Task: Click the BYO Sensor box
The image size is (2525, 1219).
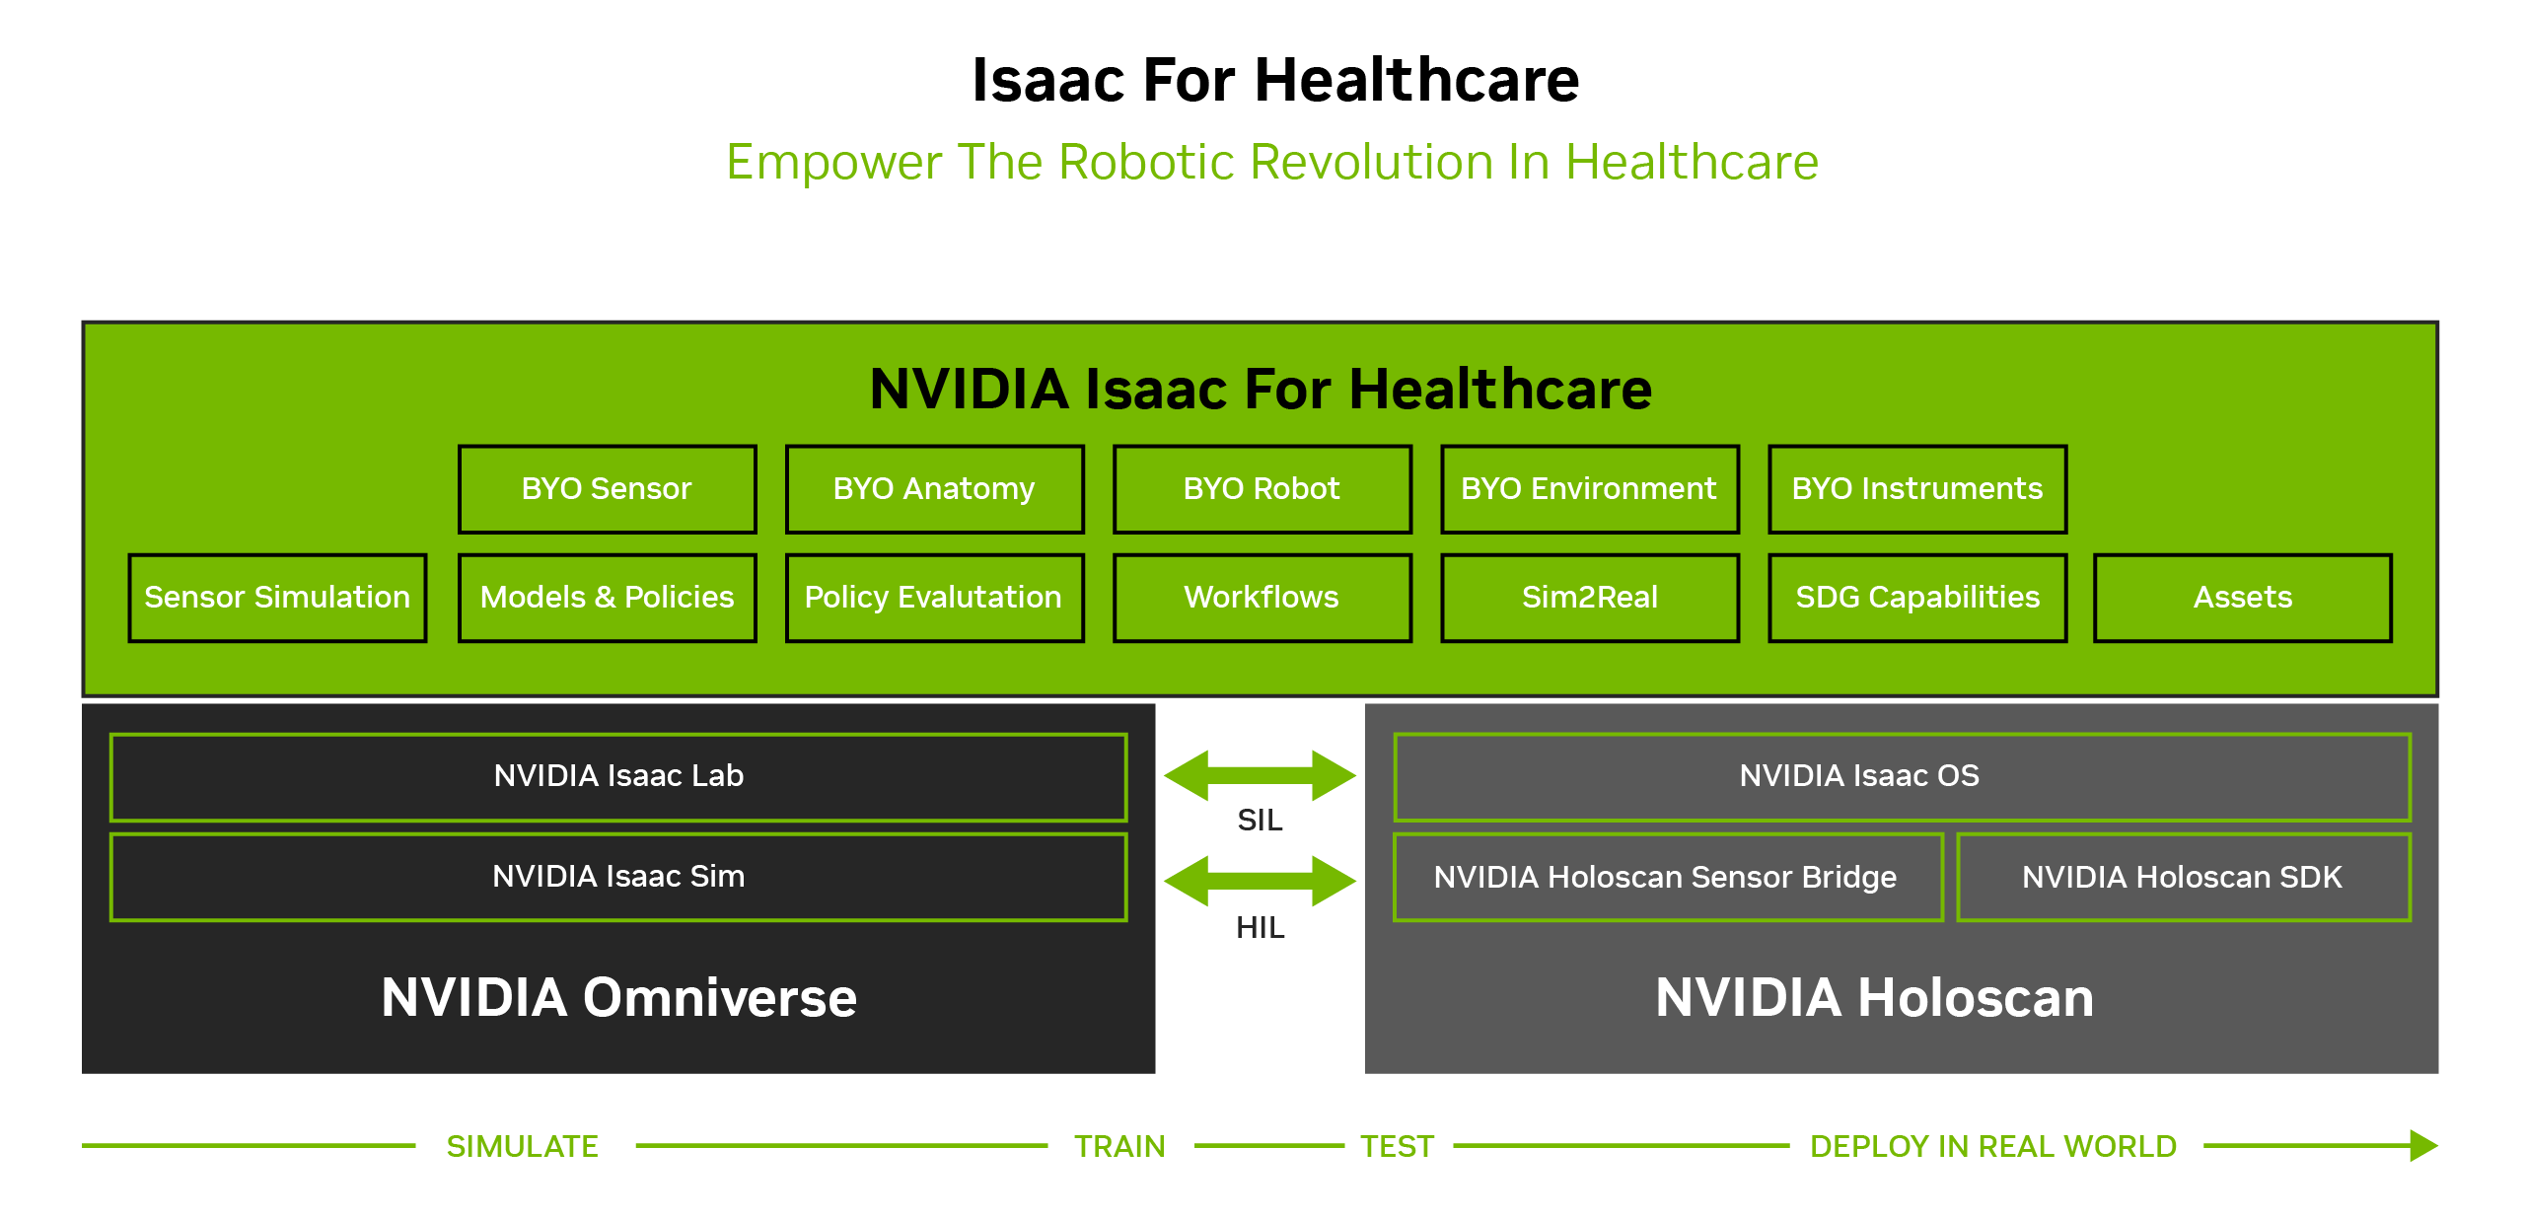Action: (607, 489)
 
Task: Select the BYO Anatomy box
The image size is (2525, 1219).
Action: (934, 489)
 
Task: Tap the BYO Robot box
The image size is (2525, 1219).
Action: (1262, 489)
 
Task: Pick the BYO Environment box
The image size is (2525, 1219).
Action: (1589, 489)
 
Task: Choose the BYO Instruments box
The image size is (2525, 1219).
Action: (1917, 489)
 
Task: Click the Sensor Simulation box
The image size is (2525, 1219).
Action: (277, 598)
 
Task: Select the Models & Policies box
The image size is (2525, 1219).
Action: (607, 598)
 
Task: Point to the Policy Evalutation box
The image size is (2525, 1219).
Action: (934, 598)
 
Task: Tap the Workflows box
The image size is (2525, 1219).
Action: (1262, 598)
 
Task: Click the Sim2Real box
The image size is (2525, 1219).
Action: (1589, 598)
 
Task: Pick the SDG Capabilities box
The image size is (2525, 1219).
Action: (1917, 598)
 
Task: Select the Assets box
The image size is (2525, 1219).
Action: (2243, 598)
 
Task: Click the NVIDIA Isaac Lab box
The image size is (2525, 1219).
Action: (618, 777)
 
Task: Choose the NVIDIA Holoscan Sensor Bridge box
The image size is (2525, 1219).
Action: (1668, 878)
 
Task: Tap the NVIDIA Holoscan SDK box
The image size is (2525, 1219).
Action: (2184, 878)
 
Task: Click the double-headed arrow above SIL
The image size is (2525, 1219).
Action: (1261, 775)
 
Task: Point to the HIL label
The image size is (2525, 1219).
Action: (1261, 928)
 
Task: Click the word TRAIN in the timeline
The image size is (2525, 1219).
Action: (1119, 1146)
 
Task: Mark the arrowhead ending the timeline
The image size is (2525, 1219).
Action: (2423, 1146)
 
